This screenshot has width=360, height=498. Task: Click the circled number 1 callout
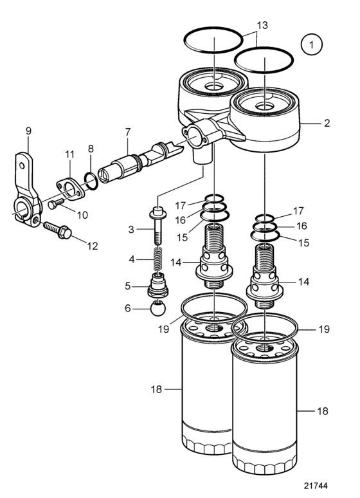(311, 45)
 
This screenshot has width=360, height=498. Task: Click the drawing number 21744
(316, 486)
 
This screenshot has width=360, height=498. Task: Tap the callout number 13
(262, 25)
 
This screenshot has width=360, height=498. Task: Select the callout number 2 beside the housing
(327, 124)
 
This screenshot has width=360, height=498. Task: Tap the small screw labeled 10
(56, 203)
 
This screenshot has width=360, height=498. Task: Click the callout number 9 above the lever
(28, 131)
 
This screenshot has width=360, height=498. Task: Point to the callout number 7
(128, 132)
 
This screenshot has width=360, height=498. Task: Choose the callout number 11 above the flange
(69, 154)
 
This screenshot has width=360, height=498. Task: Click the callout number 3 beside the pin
(131, 229)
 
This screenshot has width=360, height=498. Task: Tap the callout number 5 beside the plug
(128, 286)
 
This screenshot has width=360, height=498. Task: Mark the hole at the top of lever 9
(22, 165)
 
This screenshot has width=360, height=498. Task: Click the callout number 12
(93, 246)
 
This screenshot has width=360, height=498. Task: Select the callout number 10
(82, 215)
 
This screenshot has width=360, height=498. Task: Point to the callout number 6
(128, 308)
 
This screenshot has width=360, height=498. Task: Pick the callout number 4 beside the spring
(131, 259)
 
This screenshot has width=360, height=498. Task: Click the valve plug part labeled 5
(158, 285)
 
